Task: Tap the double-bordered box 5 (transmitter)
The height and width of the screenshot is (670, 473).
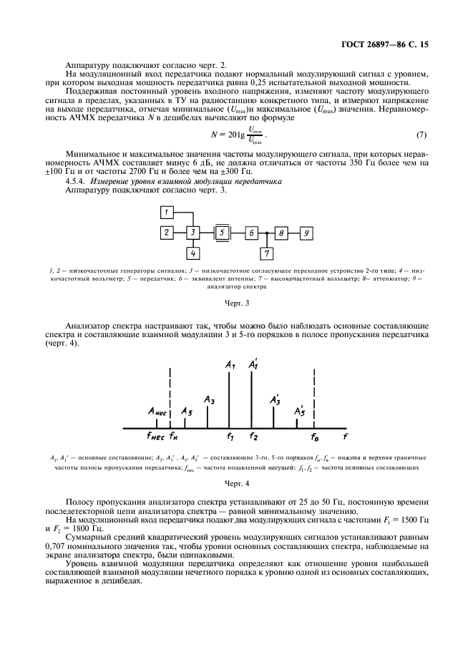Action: (223, 233)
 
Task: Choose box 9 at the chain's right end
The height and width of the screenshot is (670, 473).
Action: (306, 233)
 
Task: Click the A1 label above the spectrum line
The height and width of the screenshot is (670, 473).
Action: (230, 365)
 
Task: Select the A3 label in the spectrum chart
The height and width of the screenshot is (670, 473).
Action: (209, 399)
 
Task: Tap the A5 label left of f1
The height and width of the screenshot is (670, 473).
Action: (186, 412)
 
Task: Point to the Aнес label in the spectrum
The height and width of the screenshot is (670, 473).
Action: (157, 411)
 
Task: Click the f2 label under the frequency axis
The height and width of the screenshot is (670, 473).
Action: (253, 435)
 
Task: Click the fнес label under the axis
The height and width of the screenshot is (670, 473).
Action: (155, 435)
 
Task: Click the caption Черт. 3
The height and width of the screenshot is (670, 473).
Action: (237, 303)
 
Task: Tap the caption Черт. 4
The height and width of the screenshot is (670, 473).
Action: (237, 484)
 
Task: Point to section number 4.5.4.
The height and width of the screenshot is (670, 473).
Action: (77, 182)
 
